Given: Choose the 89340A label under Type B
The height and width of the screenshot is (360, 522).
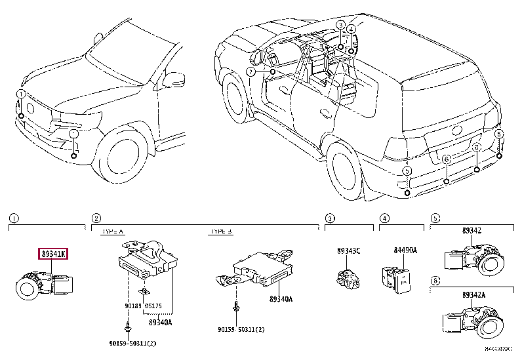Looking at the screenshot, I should point(281,299).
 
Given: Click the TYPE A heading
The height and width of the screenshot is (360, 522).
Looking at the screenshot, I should point(112,231).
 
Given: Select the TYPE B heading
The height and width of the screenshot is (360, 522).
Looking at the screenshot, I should point(220,231).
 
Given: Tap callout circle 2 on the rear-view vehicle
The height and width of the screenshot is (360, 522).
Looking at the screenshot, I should point(251,71).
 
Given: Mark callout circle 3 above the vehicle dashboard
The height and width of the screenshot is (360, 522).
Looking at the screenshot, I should point(341,25).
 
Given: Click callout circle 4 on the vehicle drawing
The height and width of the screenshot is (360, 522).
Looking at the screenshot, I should point(351,28).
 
